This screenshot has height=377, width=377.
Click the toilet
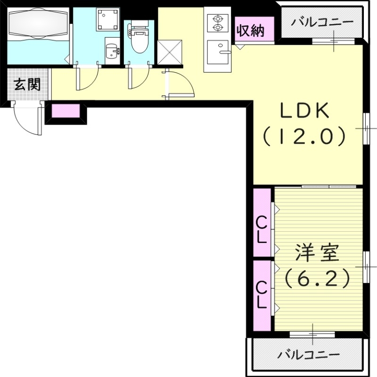click(x=139, y=40)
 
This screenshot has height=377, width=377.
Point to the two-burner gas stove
click(x=218, y=23)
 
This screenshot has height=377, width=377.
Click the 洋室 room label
click(x=317, y=254)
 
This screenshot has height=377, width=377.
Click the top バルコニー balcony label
click(x=322, y=22)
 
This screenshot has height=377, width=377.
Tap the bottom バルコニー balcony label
click(x=308, y=354)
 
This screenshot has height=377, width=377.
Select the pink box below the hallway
click(x=66, y=111)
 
